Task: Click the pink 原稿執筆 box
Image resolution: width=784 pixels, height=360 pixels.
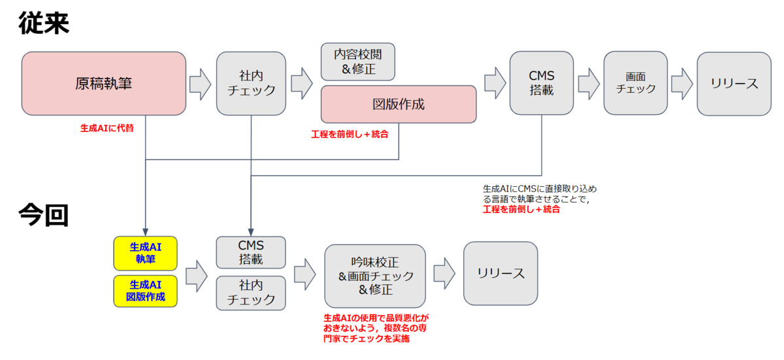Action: click(x=104, y=84)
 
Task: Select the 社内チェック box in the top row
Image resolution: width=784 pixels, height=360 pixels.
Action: click(x=251, y=84)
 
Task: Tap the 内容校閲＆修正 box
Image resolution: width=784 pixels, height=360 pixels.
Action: click(x=358, y=61)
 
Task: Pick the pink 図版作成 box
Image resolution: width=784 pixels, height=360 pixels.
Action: click(x=399, y=105)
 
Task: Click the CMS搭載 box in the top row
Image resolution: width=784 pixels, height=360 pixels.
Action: click(x=542, y=83)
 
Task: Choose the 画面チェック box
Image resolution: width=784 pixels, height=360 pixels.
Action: click(x=635, y=83)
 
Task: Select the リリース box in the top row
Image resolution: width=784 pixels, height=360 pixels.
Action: click(x=734, y=84)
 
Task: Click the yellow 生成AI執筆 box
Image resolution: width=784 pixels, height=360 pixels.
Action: click(x=145, y=254)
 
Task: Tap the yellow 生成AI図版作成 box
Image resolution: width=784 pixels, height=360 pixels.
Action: click(x=145, y=291)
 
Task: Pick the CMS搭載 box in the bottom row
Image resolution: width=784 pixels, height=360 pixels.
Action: click(x=251, y=252)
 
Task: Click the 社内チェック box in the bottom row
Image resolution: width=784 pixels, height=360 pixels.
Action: click(x=251, y=293)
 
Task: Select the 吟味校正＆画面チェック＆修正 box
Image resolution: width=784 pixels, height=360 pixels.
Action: click(x=375, y=276)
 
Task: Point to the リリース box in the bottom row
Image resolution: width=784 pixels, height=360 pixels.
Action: click(x=500, y=273)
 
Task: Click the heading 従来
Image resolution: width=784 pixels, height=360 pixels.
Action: click(x=44, y=23)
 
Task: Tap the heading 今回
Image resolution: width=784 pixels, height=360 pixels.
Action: click(x=43, y=214)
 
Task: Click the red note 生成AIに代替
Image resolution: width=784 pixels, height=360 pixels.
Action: click(x=107, y=129)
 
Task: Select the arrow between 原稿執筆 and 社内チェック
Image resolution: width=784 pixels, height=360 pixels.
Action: click(x=200, y=84)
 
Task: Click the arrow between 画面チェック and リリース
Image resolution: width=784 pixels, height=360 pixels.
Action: click(x=682, y=84)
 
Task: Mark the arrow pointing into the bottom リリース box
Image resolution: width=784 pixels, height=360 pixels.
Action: click(x=444, y=273)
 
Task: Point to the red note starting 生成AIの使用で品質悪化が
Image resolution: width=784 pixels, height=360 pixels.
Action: click(x=376, y=328)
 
